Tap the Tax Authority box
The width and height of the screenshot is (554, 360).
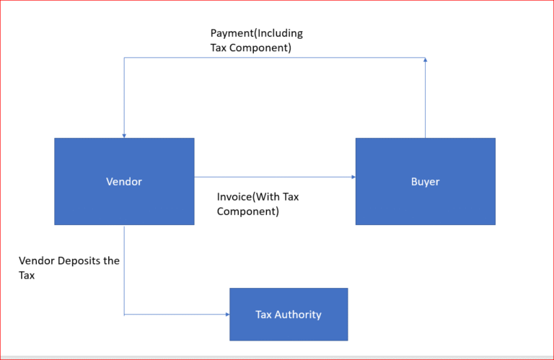[x=289, y=329]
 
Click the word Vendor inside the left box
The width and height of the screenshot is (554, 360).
[x=124, y=182]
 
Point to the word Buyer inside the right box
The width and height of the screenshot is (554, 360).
[x=425, y=182]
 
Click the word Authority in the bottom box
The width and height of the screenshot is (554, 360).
[x=302, y=315]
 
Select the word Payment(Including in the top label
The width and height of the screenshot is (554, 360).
[x=257, y=33]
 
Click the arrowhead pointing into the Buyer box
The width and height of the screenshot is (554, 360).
[x=353, y=176]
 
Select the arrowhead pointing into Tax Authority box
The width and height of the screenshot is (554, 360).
[x=226, y=315]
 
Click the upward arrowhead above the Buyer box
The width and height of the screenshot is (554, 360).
[x=426, y=62]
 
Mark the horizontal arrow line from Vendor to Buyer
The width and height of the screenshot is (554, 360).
[x=274, y=176]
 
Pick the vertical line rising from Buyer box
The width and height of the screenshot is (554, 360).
[x=426, y=101]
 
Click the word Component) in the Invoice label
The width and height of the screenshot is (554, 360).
[x=248, y=212]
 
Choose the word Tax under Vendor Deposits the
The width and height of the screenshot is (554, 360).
[x=27, y=276]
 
